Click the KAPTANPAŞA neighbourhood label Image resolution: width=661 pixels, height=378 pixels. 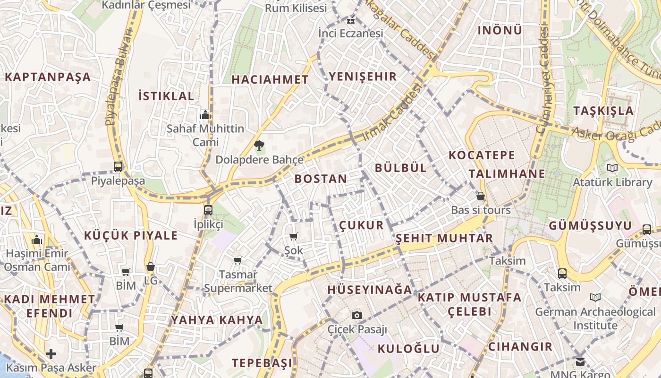(x=47, y=77)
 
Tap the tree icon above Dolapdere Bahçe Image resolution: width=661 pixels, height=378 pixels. (x=259, y=146)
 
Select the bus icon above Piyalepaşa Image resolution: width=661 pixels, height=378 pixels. (x=118, y=166)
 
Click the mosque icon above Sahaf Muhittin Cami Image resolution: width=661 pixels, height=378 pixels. (x=205, y=115)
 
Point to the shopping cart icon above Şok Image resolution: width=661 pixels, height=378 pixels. (x=294, y=236)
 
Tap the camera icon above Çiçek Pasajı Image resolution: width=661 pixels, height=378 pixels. (x=357, y=315)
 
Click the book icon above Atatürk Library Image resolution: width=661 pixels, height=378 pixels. (x=612, y=168)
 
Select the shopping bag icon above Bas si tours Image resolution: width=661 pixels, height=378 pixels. (x=481, y=196)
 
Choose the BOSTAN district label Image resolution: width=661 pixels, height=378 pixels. (x=321, y=179)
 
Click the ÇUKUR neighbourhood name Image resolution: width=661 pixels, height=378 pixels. (x=362, y=225)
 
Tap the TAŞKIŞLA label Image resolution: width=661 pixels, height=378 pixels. (x=603, y=111)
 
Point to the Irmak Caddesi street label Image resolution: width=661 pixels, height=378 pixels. (x=392, y=112)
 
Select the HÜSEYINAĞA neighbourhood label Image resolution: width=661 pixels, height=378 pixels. (x=370, y=290)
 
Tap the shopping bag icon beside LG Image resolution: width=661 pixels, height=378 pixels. (x=151, y=267)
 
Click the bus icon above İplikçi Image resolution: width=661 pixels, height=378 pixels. (x=208, y=210)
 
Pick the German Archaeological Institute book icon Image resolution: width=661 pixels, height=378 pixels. (x=595, y=298)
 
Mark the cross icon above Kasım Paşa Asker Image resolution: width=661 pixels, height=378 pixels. (x=51, y=353)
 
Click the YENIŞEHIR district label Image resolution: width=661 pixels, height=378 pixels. (x=363, y=77)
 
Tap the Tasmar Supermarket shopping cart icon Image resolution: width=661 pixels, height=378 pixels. (x=238, y=260)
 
